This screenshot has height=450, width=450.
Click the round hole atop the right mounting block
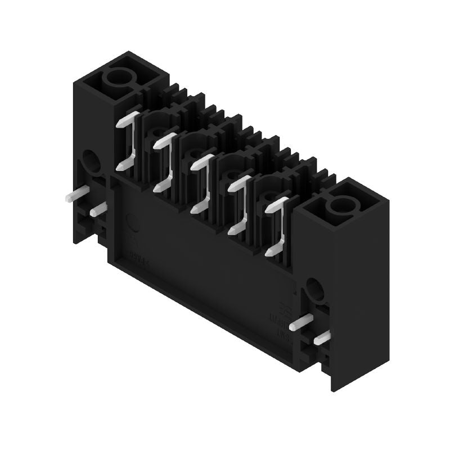(341, 206)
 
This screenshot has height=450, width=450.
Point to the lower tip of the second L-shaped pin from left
(158, 187)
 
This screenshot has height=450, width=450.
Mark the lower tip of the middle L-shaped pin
(195, 209)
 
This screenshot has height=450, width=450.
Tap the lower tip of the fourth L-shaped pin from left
(232, 229)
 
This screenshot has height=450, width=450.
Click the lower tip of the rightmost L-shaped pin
(269, 252)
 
